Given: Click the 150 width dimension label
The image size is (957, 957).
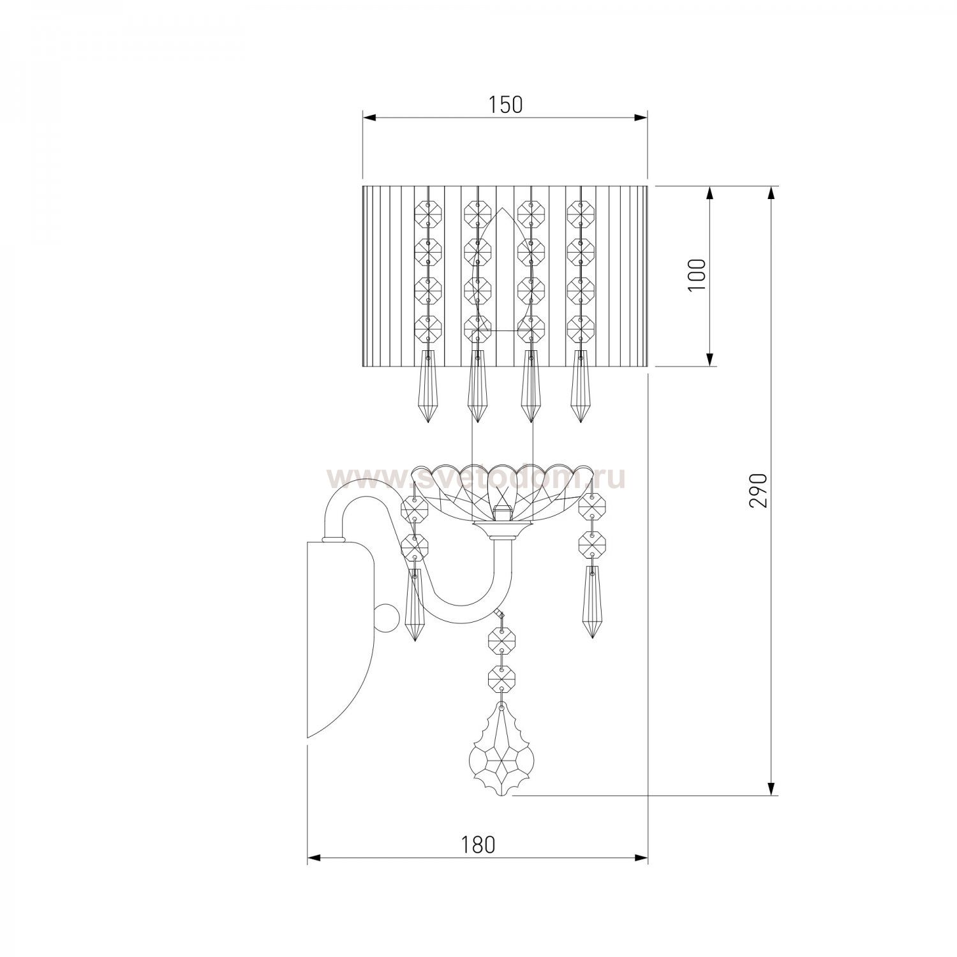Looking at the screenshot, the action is (x=506, y=105).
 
